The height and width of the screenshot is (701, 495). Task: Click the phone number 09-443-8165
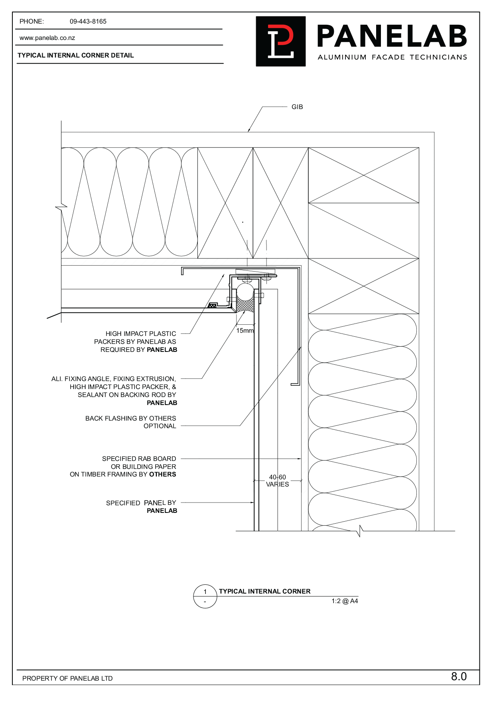pyautogui.click(x=88, y=22)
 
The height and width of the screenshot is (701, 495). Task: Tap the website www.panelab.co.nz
pyautogui.click(x=47, y=38)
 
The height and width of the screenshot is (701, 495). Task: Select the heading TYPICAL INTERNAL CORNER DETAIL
pyautogui.click(x=76, y=56)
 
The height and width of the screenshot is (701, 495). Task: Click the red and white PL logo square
pyautogui.click(x=281, y=41)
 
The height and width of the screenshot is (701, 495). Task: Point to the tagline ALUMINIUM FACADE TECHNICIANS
pyautogui.click(x=392, y=58)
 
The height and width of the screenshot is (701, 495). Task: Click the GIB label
pyautogui.click(x=297, y=107)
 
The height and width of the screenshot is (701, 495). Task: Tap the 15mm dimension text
pyautogui.click(x=245, y=331)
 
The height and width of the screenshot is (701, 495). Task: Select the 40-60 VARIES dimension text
pyautogui.click(x=278, y=481)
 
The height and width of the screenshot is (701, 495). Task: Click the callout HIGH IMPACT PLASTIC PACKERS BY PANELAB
pyautogui.click(x=136, y=342)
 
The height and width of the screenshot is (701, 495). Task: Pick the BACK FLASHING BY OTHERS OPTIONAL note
pyautogui.click(x=131, y=422)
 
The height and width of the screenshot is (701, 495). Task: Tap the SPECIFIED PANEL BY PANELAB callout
pyautogui.click(x=142, y=506)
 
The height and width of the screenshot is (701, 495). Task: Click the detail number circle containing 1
pyautogui.click(x=205, y=596)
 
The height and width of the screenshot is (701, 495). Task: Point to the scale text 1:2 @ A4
pyautogui.click(x=345, y=601)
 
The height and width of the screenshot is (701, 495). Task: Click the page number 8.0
pyautogui.click(x=459, y=676)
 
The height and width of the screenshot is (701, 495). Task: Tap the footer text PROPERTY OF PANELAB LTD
pyautogui.click(x=67, y=678)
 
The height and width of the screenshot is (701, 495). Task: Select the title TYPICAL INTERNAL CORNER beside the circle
pyautogui.click(x=264, y=591)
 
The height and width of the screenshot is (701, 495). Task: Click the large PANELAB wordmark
pyautogui.click(x=392, y=36)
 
